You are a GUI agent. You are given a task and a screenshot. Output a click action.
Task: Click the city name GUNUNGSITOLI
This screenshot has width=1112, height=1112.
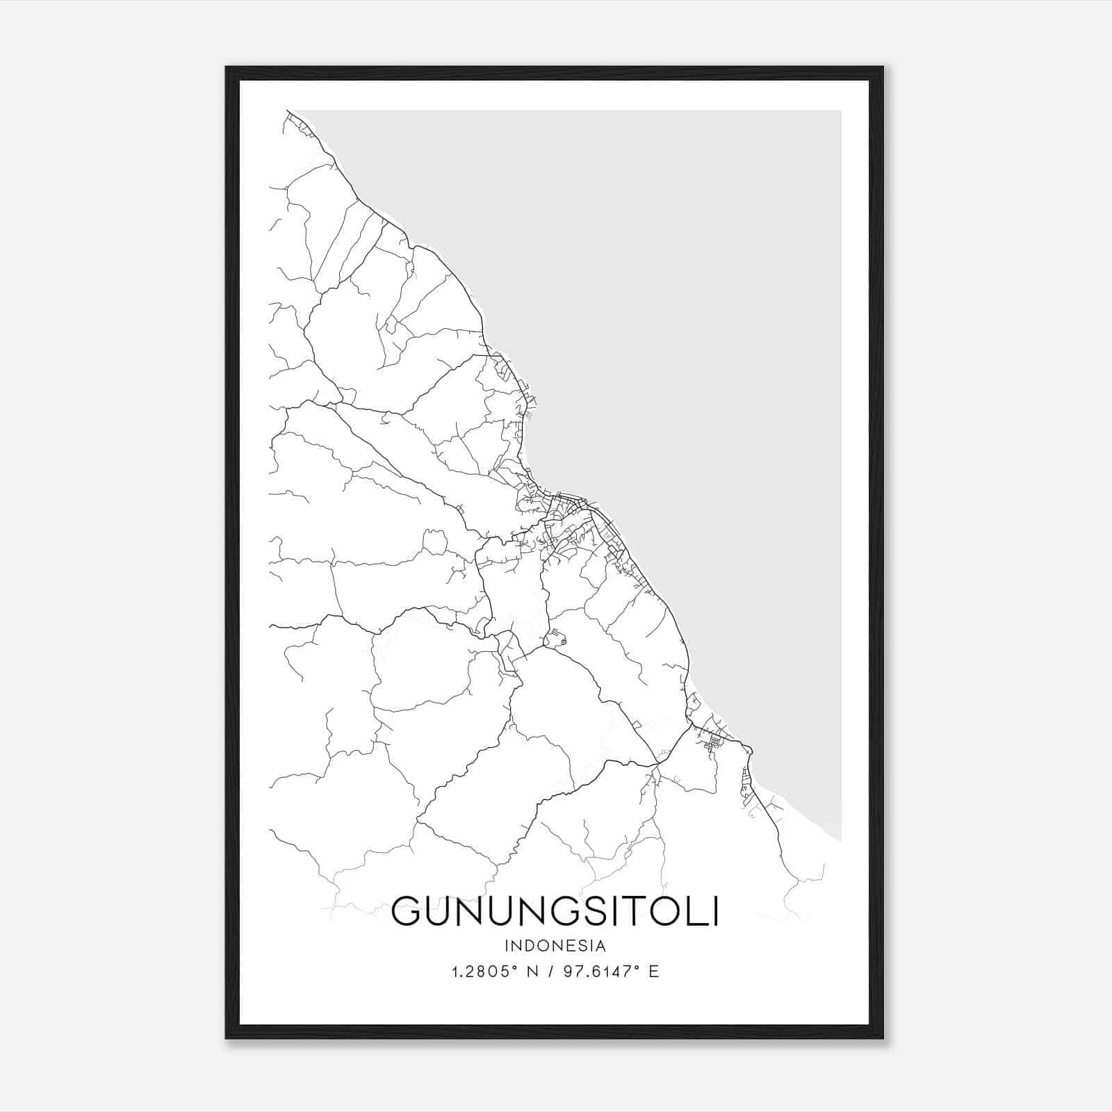[555, 911]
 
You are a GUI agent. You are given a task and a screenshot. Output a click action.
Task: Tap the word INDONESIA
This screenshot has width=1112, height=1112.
[555, 946]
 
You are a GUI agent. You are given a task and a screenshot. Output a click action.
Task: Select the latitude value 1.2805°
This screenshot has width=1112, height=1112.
[484, 972]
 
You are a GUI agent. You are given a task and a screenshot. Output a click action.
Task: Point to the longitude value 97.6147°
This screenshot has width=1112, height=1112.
[600, 972]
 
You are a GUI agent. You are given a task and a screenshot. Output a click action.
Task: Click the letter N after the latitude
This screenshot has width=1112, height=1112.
[534, 972]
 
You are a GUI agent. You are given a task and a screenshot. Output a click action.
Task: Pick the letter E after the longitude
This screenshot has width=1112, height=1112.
[653, 972]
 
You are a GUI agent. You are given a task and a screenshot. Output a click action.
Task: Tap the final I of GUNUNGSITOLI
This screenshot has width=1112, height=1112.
[714, 911]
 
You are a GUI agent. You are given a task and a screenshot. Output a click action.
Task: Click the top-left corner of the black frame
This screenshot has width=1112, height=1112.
[227, 67]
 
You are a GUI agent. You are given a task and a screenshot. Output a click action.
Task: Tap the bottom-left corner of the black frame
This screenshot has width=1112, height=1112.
[227, 1038]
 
